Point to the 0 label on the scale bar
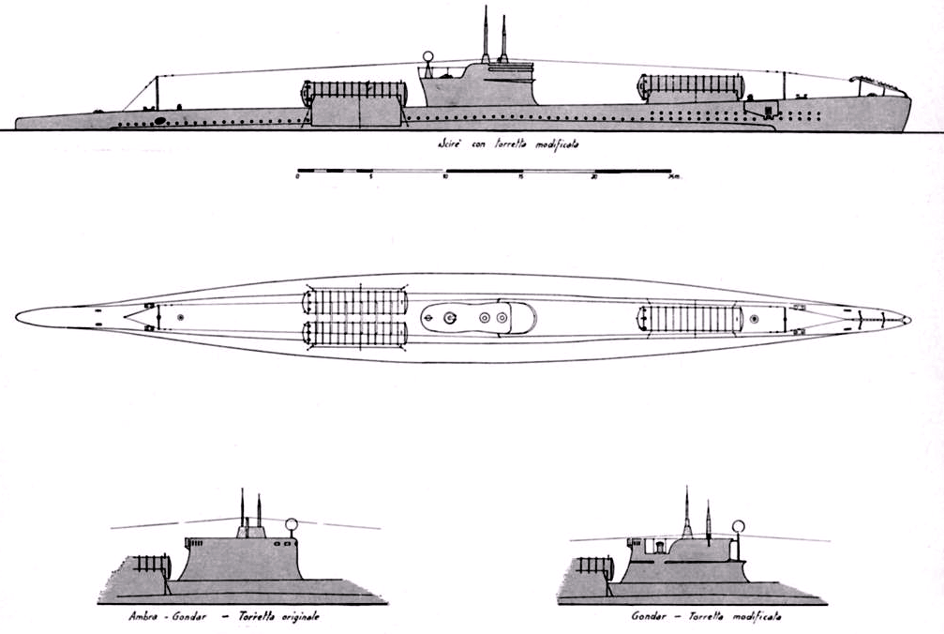296,178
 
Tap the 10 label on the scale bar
445,178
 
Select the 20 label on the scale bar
593,178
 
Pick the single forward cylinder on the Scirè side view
691,87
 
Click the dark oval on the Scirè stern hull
160,120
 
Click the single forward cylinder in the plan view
691,318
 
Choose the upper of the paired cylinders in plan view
355,303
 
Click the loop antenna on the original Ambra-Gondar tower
292,525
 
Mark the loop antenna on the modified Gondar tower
739,527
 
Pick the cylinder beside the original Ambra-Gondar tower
151,566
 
